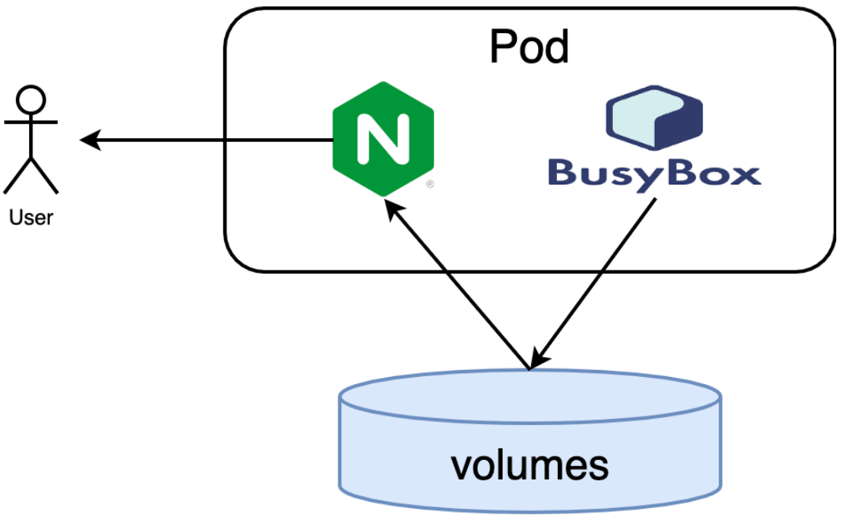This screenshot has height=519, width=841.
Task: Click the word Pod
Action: point(529,47)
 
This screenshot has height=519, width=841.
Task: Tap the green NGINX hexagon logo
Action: point(383,140)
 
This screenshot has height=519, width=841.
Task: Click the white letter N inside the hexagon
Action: point(383,139)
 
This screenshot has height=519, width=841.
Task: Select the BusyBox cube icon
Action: point(654,118)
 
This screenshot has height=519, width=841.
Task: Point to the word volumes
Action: point(529,466)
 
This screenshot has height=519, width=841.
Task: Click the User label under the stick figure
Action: point(31,218)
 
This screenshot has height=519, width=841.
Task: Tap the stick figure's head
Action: point(31,99)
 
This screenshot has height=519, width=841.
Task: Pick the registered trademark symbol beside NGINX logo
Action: point(430,185)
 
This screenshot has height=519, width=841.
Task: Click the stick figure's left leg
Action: point(17,176)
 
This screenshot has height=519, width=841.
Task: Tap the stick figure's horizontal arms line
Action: point(31,122)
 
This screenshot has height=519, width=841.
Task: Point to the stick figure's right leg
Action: point(44,176)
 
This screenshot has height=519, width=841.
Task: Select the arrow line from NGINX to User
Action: point(207,140)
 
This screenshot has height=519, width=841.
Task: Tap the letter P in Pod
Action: point(503,47)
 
